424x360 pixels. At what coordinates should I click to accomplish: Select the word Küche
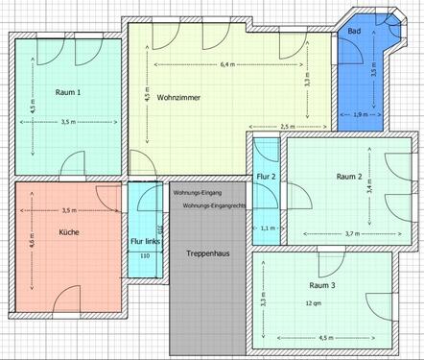click(x=69, y=232)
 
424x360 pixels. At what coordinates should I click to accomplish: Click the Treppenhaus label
click(x=205, y=252)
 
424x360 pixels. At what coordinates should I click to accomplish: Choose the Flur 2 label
click(x=266, y=177)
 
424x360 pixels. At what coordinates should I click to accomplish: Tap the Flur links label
click(x=144, y=242)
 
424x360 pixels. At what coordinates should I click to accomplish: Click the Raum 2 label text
click(x=348, y=177)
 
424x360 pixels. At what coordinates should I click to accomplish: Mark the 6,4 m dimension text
click(x=227, y=65)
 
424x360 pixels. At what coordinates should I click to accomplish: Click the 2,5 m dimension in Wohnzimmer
click(x=288, y=127)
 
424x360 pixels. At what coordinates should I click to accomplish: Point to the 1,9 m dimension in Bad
click(x=360, y=115)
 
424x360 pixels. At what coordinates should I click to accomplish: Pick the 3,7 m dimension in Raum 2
click(x=351, y=233)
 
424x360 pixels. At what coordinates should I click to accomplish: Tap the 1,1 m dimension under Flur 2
click(x=268, y=228)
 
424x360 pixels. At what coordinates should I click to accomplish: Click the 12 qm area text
click(x=313, y=302)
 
